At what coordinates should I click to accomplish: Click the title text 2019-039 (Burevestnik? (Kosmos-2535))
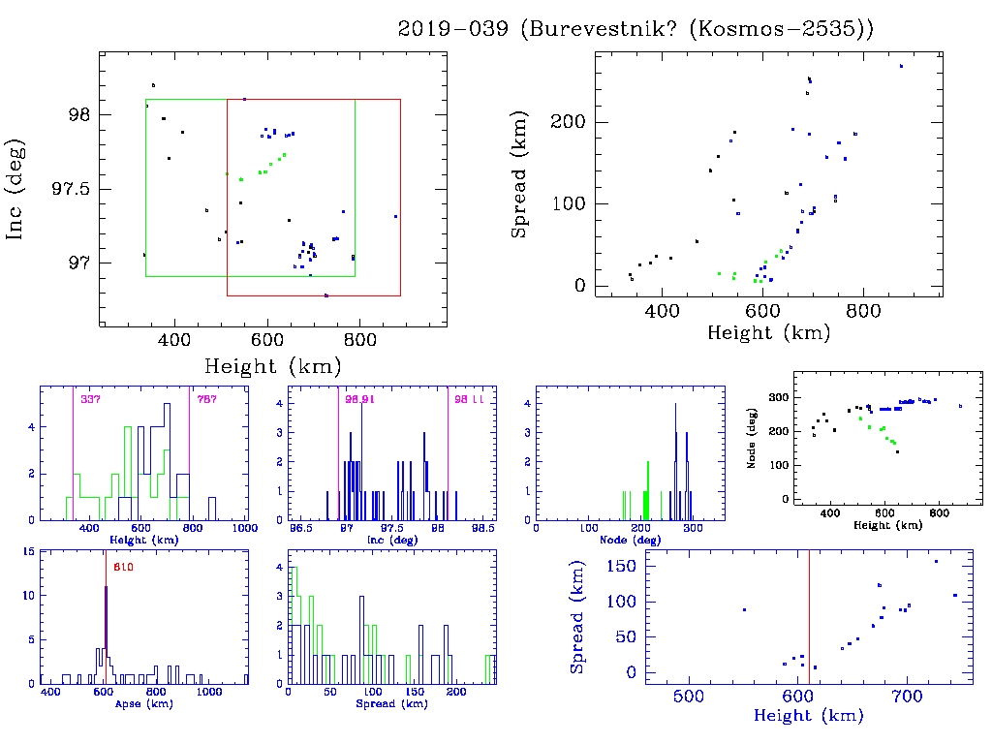(635, 29)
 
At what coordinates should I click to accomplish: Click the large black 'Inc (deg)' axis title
(16, 188)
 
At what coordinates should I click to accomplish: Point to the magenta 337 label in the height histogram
(90, 399)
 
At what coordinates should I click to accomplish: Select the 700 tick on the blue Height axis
(907, 697)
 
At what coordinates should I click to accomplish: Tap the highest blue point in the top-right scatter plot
(901, 66)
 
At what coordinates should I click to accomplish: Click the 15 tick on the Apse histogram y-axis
(30, 552)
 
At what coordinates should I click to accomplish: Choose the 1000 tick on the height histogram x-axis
(244, 529)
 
